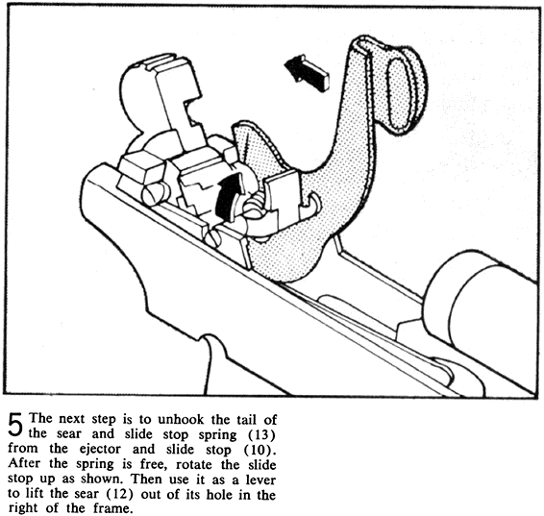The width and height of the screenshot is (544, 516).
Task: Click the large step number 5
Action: (15, 425)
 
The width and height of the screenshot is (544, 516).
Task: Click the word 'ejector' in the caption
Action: (100, 449)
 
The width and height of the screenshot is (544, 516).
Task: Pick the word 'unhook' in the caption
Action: (181, 419)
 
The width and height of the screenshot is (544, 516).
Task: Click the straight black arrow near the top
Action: (306, 73)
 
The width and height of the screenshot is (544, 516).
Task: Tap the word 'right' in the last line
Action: (23, 508)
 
